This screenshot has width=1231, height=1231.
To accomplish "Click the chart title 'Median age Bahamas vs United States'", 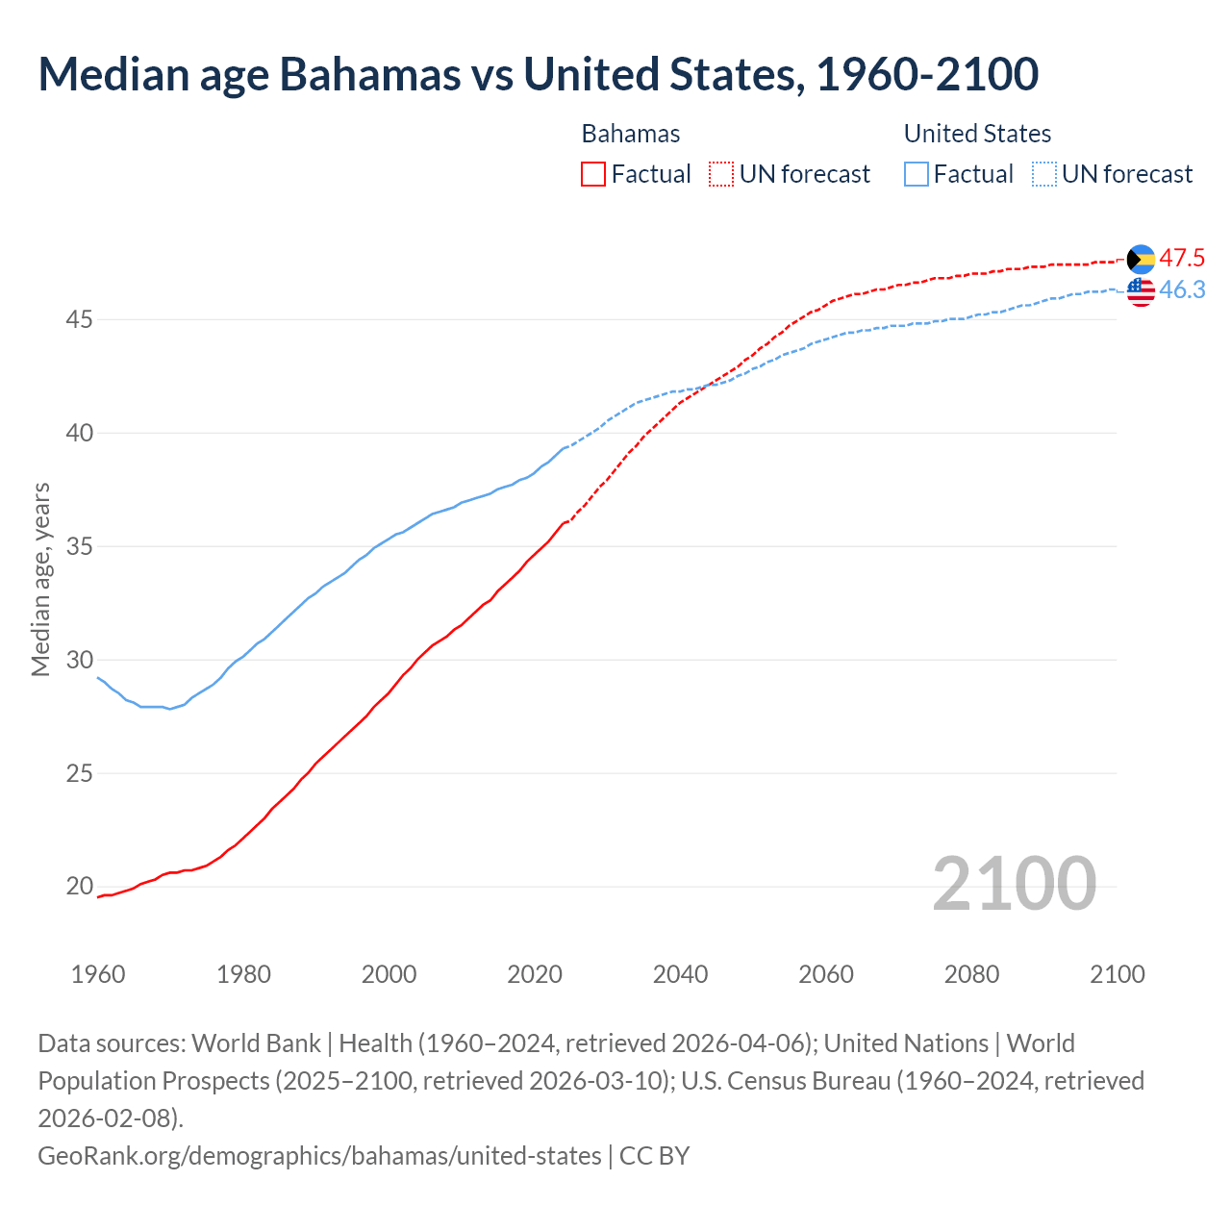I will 538,75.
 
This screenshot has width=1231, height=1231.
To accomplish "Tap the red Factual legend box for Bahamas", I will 593,174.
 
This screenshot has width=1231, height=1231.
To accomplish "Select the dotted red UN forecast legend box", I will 721,174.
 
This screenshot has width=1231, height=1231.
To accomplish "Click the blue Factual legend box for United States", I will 917,174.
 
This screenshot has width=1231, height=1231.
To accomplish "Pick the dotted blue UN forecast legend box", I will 1043,174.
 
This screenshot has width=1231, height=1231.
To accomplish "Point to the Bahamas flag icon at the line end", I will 1141,259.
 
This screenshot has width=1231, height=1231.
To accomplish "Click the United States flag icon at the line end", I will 1141,290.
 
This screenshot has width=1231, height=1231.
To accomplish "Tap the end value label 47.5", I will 1182,258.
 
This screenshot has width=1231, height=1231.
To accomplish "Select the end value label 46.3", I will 1182,289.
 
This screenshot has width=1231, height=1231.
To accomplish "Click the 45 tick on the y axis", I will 79,319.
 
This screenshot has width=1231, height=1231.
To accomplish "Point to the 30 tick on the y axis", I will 79,660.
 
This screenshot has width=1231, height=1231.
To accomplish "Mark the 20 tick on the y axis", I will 79,887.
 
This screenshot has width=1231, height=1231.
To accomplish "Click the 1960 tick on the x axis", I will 98,974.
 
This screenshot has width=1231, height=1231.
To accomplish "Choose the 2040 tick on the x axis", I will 680,974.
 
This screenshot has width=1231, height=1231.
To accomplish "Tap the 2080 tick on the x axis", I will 971,974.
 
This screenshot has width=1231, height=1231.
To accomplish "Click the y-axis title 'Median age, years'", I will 40,580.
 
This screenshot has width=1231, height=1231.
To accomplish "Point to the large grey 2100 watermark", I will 1014,884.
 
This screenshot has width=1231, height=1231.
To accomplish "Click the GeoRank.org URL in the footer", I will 319,1155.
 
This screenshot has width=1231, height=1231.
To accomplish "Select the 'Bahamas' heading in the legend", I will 631,134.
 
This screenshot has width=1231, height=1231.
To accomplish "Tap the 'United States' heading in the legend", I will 977,134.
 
